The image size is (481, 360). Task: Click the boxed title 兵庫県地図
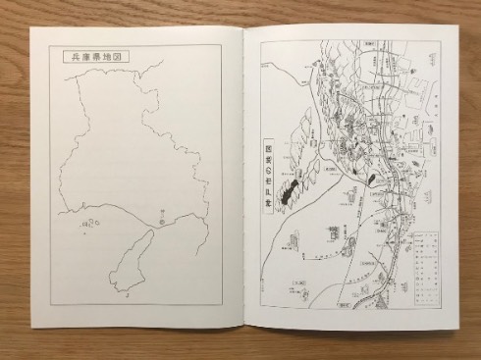(x=94, y=58)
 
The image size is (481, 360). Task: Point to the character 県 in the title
(x=94, y=58)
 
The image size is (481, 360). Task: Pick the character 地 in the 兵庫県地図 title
(x=108, y=58)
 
